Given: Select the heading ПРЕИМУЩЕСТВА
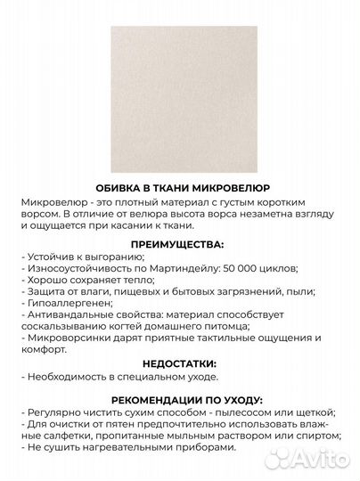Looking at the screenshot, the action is pos(179,243).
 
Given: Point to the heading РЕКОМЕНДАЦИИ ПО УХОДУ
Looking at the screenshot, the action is pos(180,400).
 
